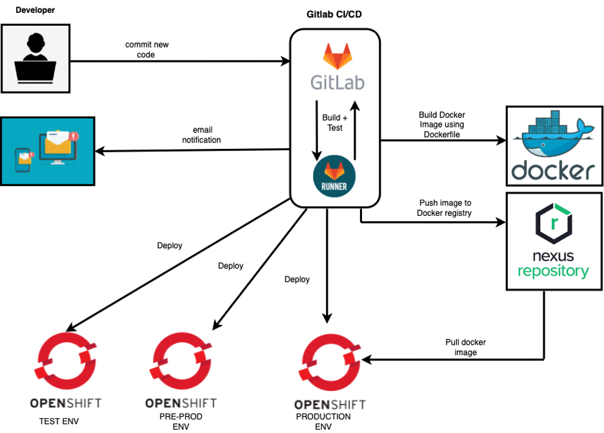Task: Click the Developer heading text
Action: pos(35,10)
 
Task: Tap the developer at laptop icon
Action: pos(35,58)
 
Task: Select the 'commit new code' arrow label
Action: pos(146,50)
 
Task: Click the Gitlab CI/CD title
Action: pos(334,14)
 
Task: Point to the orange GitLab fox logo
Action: pos(337,56)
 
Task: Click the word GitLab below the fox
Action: pos(337,82)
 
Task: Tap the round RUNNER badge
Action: pos(334,176)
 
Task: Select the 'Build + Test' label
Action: pos(335,122)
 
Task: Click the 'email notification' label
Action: pos(201,135)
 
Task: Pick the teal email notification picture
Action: pos(48,151)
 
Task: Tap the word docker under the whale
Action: pos(554,170)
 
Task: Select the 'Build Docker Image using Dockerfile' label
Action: pos(442,124)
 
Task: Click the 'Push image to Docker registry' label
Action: pos(445,207)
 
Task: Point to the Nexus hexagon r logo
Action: pos(554,224)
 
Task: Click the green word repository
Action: pos(553,271)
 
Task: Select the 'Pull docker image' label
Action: pos(465,347)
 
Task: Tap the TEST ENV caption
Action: pos(59,421)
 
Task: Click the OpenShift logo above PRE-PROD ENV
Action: pos(181,361)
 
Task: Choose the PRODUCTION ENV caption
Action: pos(323,421)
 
